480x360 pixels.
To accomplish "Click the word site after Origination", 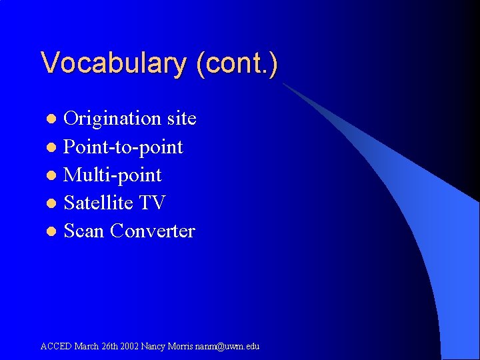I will [181, 119].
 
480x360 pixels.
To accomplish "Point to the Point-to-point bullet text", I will [123, 147].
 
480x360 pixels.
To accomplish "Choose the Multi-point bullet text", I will [113, 175].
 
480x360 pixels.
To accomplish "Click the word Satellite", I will [101, 203].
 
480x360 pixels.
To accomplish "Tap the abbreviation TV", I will [153, 203].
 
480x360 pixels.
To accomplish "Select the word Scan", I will [84, 231].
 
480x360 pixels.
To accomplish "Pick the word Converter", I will [153, 231].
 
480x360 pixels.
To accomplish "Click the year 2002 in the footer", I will [131, 346].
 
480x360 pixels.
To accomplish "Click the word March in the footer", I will [87, 346].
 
